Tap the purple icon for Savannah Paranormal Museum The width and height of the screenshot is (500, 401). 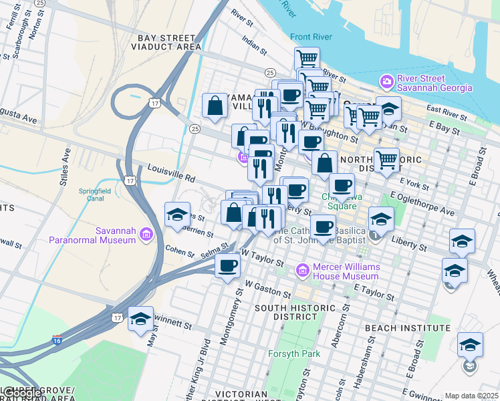(146, 235)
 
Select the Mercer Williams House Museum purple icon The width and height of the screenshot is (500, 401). (301, 271)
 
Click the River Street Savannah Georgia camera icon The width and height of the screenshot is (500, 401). (386, 82)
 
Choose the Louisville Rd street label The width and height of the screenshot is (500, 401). (171, 174)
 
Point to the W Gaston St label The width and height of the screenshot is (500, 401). (267, 289)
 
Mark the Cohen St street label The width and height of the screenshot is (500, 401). (179, 249)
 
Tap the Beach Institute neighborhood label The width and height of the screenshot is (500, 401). (407, 328)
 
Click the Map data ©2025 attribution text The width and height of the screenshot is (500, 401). (471, 396)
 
